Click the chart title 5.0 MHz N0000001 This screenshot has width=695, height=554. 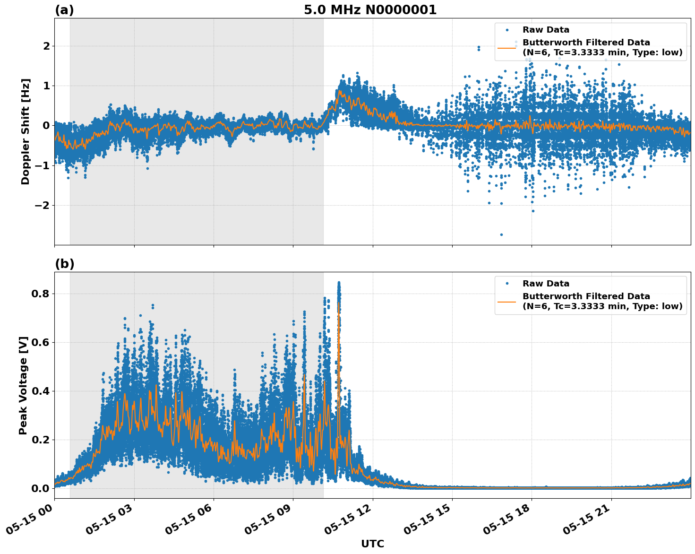click(x=370, y=10)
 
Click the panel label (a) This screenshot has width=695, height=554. click(x=64, y=10)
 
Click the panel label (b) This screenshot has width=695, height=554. click(x=64, y=264)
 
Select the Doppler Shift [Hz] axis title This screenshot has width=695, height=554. click(x=26, y=131)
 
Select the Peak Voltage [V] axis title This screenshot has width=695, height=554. click(x=23, y=385)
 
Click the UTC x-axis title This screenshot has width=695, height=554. click(x=372, y=544)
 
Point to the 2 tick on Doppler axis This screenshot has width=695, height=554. click(x=46, y=46)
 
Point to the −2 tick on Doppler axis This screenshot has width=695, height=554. click(x=43, y=205)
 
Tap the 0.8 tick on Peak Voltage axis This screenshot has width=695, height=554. click(x=41, y=294)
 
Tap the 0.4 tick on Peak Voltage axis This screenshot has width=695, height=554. click(x=41, y=391)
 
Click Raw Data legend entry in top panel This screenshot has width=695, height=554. click(x=546, y=30)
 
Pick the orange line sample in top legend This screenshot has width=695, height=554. click(x=507, y=48)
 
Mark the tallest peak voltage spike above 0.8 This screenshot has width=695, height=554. click(x=339, y=283)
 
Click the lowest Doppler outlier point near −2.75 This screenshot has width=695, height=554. click(x=501, y=234)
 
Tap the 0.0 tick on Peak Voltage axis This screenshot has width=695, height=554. click(x=41, y=488)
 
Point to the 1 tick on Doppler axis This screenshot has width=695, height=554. click(x=46, y=86)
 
